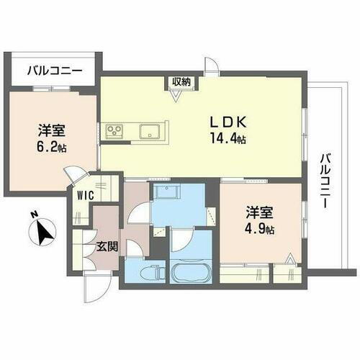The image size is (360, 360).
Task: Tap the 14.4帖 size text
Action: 226,139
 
